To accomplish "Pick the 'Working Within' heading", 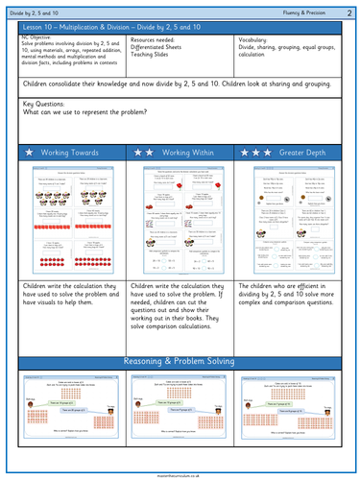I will point(193,153).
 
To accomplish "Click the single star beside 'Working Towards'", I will point(30,153).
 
